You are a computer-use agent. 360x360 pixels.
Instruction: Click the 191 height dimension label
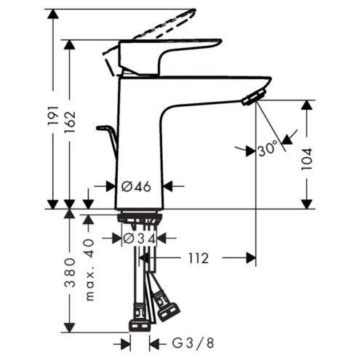coord(53,115)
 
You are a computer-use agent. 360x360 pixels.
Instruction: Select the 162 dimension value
coord(70,122)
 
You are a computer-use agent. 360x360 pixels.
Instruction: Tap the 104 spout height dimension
coord(306,159)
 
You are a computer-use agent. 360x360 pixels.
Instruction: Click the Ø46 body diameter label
coord(136,187)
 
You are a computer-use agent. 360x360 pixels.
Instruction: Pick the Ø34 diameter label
coord(139,239)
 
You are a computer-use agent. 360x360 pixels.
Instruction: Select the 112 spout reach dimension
coord(199,258)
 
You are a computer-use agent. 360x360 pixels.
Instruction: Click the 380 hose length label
coord(70,273)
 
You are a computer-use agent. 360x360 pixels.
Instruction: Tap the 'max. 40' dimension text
coord(89,270)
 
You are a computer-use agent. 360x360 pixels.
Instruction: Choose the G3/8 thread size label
coord(193,343)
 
